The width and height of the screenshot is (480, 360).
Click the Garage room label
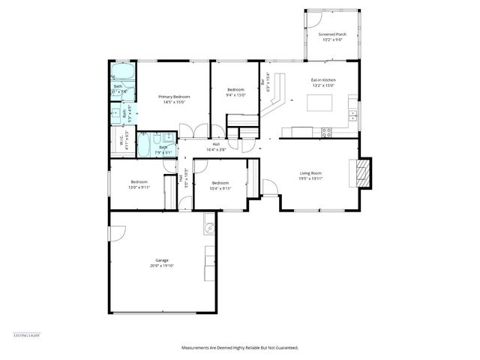[162, 260]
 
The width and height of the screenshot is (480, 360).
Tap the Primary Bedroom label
[173, 97]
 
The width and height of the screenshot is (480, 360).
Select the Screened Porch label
[332, 34]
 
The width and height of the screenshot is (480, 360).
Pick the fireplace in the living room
[362, 173]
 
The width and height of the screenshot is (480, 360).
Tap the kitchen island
[321, 105]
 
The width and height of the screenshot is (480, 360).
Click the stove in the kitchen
[326, 132]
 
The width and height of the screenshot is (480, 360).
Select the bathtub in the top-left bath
[123, 73]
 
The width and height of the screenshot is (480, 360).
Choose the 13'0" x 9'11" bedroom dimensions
[139, 188]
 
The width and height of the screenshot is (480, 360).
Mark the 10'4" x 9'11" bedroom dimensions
[220, 188]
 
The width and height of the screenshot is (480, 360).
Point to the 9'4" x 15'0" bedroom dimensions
[235, 95]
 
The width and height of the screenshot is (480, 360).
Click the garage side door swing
[118, 233]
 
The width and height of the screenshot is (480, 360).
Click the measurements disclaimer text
[240, 347]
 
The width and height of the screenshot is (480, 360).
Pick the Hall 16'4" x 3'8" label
[216, 147]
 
